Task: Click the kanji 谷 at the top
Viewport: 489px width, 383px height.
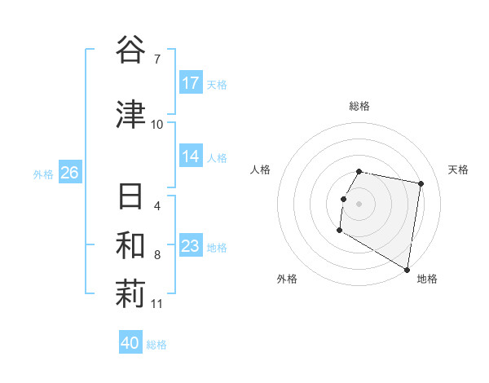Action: tap(130, 51)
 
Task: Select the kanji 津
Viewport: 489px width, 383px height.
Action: tap(130, 115)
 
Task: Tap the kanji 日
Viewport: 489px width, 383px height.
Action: tap(130, 198)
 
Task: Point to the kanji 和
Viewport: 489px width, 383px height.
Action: tap(130, 247)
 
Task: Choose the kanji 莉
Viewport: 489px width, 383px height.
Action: tap(130, 296)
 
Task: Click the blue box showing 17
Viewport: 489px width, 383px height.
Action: tap(191, 83)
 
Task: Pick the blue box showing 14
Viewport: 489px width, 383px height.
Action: tap(191, 156)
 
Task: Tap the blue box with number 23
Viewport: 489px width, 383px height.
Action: tap(191, 246)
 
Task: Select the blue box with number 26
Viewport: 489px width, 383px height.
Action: tap(69, 173)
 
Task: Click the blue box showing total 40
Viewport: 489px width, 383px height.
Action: tap(130, 343)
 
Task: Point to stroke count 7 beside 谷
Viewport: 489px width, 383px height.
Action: tap(157, 59)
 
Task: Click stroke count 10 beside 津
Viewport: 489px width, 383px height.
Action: tap(157, 124)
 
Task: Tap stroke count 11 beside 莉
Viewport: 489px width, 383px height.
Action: tap(157, 304)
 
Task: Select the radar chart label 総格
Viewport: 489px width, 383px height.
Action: tap(359, 106)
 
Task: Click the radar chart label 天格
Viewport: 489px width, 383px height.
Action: tap(459, 169)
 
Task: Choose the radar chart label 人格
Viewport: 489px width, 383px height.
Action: tap(260, 169)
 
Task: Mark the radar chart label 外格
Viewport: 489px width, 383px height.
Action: tap(286, 280)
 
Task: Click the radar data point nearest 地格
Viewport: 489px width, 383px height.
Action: tap(407, 270)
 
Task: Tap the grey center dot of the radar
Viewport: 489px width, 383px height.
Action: tap(359, 204)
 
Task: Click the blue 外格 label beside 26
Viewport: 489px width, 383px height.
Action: tap(42, 174)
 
